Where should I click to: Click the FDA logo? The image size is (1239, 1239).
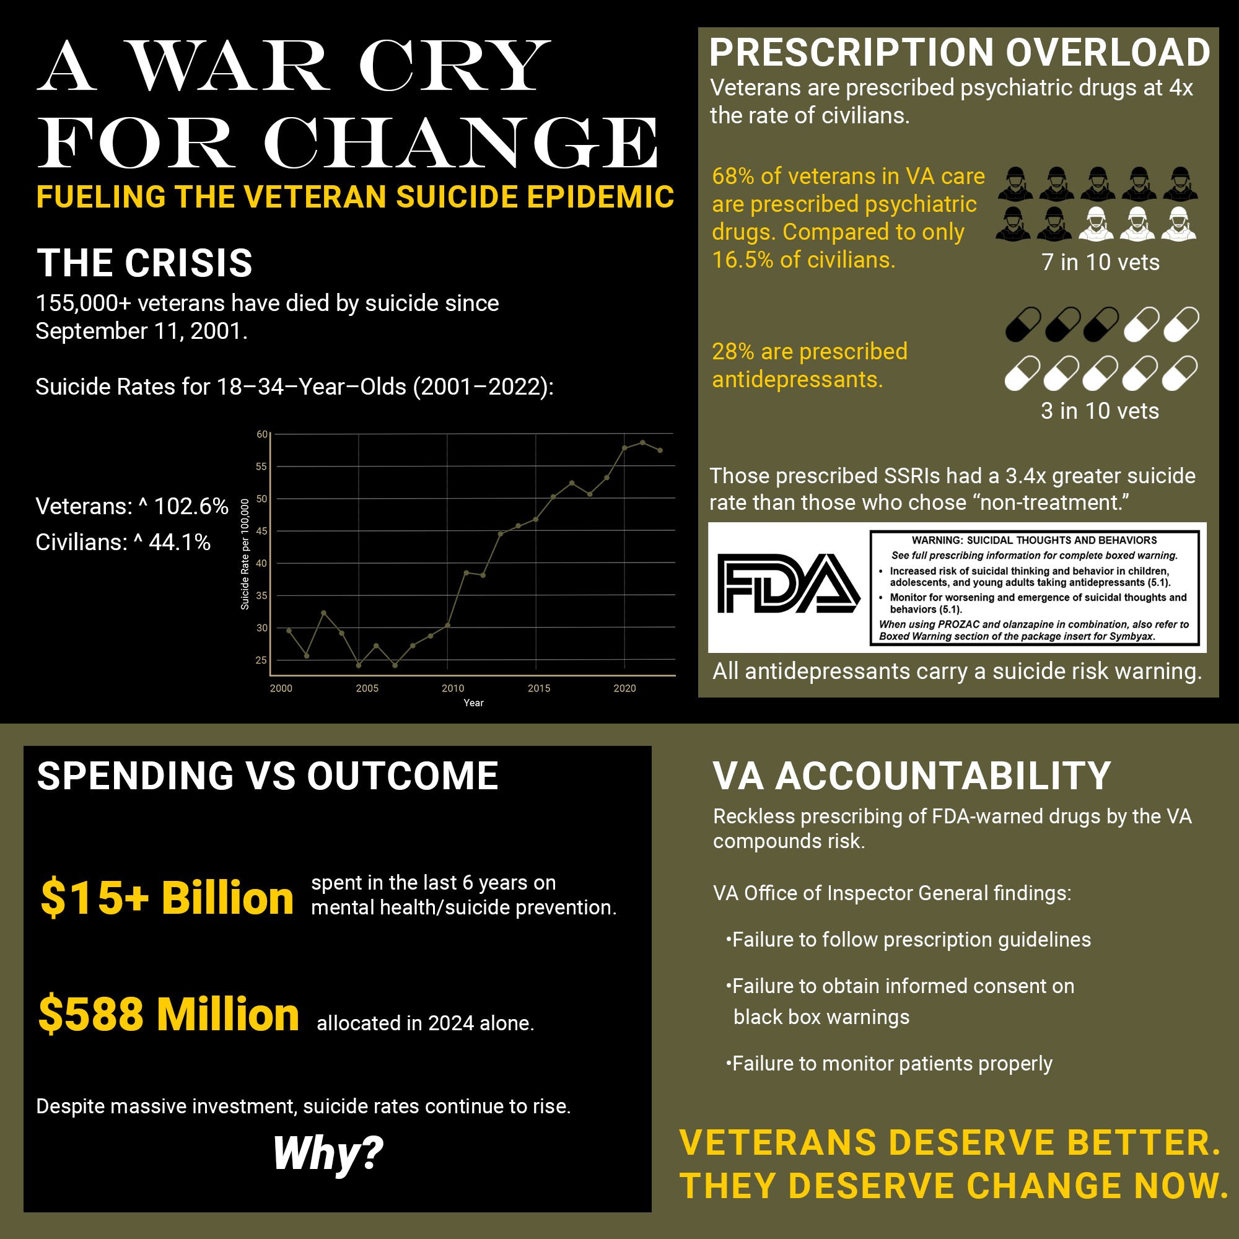pyautogui.click(x=787, y=583)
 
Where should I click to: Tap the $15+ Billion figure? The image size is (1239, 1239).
pyautogui.click(x=167, y=898)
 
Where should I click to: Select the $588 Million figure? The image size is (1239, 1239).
pyautogui.click(x=169, y=1015)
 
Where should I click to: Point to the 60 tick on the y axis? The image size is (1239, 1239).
pyautogui.click(x=261, y=434)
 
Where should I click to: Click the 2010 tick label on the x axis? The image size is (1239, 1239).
pyautogui.click(x=453, y=688)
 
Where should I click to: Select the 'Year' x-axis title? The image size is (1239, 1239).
pyautogui.click(x=473, y=703)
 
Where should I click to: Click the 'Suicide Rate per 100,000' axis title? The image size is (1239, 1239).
pyautogui.click(x=244, y=554)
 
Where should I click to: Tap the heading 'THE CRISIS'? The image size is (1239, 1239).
pyautogui.click(x=144, y=263)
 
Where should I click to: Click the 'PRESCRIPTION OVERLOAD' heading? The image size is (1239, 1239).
pyautogui.click(x=960, y=53)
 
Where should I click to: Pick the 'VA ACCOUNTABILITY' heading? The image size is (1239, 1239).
pyautogui.click(x=911, y=776)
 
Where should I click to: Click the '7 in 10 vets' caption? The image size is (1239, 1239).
pyautogui.click(x=1100, y=262)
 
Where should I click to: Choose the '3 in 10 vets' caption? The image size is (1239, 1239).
pyautogui.click(x=1100, y=411)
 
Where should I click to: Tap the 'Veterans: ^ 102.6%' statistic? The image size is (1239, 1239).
pyautogui.click(x=131, y=507)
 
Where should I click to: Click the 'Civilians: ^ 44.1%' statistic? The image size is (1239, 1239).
pyautogui.click(x=123, y=543)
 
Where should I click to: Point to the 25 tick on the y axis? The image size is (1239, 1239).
pyautogui.click(x=261, y=660)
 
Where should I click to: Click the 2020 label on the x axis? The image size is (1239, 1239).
pyautogui.click(x=624, y=688)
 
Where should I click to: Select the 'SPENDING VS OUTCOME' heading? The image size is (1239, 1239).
pyautogui.click(x=268, y=776)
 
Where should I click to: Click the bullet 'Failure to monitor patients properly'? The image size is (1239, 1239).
pyautogui.click(x=891, y=1063)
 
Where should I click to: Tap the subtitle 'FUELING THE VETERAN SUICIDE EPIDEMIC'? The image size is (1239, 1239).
pyautogui.click(x=355, y=197)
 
